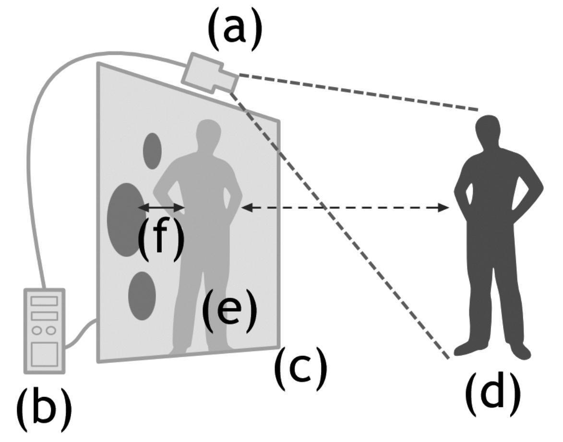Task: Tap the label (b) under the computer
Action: point(44,408)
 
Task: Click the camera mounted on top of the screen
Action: point(209,73)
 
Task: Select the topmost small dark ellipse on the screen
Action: point(153,151)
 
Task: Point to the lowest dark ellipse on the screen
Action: point(142,296)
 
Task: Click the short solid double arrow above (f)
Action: point(161,208)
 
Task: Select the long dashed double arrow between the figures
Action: point(346,208)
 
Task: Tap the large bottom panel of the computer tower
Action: point(44,355)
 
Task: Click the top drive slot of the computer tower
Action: point(44,301)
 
